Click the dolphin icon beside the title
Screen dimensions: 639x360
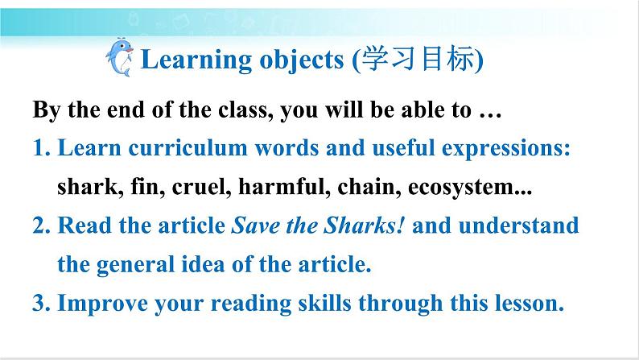(x=120, y=58)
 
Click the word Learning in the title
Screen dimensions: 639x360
(x=196, y=60)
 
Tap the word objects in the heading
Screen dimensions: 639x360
(x=302, y=60)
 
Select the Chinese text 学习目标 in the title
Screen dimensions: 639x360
(x=418, y=59)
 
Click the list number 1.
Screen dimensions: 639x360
(x=42, y=147)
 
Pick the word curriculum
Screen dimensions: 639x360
(x=188, y=147)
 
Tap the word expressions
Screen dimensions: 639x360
(x=505, y=148)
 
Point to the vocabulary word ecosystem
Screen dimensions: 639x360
(x=466, y=187)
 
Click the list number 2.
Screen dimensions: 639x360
(x=42, y=226)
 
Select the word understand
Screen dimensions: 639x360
(x=518, y=226)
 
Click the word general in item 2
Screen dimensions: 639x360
(x=135, y=265)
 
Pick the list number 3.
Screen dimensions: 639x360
(x=42, y=304)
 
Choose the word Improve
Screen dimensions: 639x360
(x=103, y=304)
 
